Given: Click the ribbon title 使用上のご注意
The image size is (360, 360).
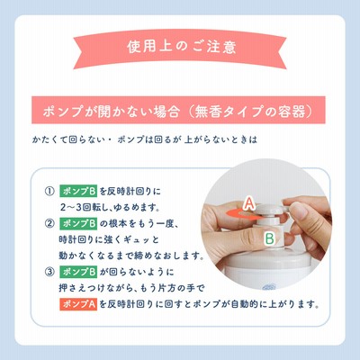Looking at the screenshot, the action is [182, 47].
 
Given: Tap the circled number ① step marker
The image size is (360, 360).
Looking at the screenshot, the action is [49, 191].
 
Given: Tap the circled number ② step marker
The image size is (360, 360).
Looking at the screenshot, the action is [49, 223].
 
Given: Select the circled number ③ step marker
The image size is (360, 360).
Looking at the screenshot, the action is [49, 272].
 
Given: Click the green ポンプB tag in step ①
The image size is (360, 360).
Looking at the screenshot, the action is [78, 191].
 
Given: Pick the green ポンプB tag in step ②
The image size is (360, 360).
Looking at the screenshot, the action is [78, 223].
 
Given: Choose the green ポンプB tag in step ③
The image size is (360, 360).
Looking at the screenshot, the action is [78, 272].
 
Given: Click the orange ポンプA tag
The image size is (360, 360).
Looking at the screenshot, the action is [78, 304].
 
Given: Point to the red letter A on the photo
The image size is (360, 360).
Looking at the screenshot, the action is [249, 203].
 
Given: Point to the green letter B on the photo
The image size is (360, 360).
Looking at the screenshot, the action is [270, 238].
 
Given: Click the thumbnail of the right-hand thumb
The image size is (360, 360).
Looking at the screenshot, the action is [300, 211].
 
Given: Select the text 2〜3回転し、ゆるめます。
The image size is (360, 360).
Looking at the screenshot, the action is [110, 207].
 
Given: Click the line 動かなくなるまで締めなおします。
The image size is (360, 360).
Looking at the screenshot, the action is [131, 256].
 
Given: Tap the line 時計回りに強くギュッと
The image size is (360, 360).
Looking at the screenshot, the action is [109, 239].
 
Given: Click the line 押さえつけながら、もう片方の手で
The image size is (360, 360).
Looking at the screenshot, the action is [131, 288].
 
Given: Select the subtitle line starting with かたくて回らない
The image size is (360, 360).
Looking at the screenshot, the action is [145, 139].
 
